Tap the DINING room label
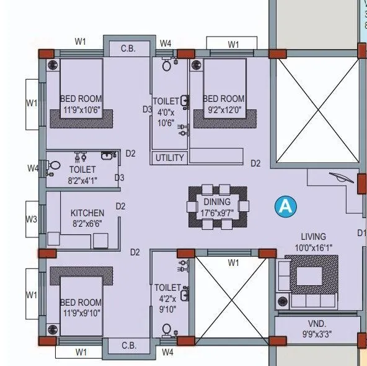pos(216,202)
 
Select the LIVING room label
pos(313,237)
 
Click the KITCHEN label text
pos(87,213)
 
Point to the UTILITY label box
pos(169,158)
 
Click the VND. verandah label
pos(316,323)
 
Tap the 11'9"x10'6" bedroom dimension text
pos(81,111)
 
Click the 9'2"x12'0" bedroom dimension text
pos(223,111)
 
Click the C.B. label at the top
pos(128,48)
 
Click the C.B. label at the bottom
pos(128,345)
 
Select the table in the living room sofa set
pos(316,275)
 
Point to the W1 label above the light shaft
pos(233,263)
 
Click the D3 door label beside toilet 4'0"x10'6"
pos(147,109)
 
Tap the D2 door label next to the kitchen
pos(120,206)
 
